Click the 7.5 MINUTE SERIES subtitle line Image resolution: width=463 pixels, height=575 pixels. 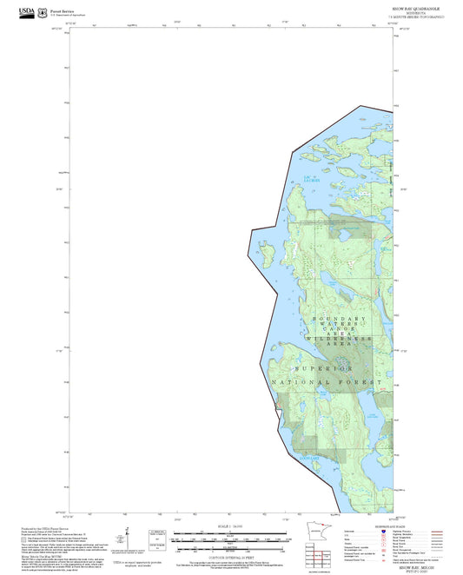tap(416, 17)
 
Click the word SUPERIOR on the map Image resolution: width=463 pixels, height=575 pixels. tap(328, 367)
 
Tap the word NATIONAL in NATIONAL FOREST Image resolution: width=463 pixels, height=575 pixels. tap(298, 382)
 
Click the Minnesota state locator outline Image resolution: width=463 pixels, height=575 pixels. tap(314, 534)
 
